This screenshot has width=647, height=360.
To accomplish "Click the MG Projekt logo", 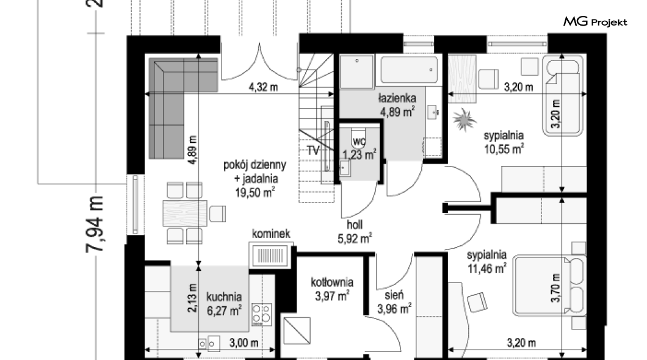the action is click(x=595, y=21).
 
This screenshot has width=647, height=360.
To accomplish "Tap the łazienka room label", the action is click(x=397, y=98).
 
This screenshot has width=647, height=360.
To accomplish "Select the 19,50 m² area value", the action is click(x=255, y=192).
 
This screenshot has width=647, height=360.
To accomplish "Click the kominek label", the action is click(x=271, y=234).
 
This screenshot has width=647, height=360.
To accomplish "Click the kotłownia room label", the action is click(x=332, y=283).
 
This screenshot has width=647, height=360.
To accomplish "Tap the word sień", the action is click(x=394, y=295).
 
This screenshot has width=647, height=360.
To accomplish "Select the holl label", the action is click(x=355, y=225).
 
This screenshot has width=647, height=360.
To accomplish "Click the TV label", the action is click(x=313, y=151).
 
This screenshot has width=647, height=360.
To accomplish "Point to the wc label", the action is click(x=359, y=142).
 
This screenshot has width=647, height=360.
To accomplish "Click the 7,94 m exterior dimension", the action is click(x=95, y=224).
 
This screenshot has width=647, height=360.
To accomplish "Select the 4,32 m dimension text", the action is click(x=263, y=87).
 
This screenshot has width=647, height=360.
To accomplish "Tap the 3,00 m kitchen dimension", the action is click(x=244, y=343).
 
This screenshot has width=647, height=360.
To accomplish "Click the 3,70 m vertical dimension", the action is click(x=556, y=288).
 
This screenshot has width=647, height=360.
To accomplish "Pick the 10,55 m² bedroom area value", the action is click(x=504, y=148).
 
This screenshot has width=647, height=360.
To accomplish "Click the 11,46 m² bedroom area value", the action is click(x=487, y=268).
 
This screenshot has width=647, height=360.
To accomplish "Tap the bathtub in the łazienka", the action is click(x=409, y=70).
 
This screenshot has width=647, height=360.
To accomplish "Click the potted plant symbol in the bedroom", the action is click(x=464, y=120).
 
